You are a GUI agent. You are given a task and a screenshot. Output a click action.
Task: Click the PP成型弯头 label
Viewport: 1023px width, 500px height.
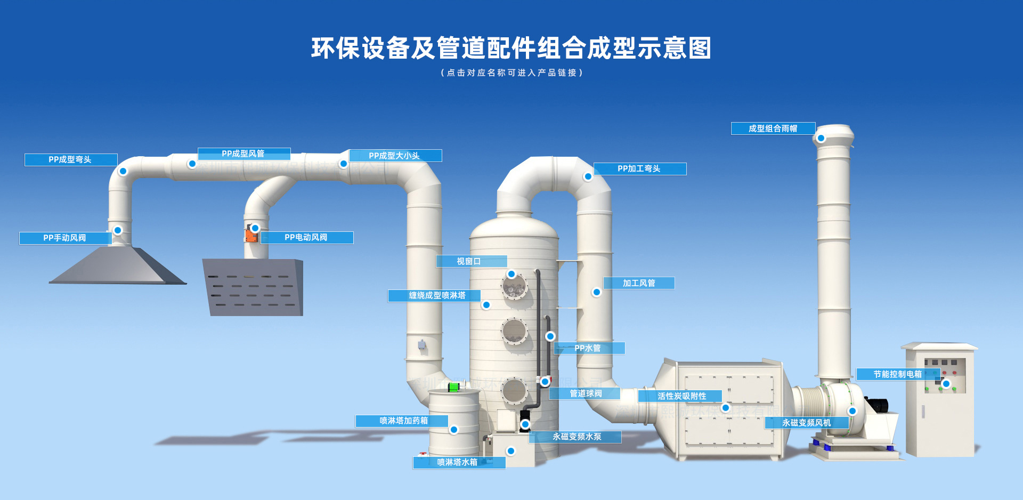(70, 160)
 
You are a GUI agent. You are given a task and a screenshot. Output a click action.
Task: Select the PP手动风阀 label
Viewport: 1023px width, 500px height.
(64, 238)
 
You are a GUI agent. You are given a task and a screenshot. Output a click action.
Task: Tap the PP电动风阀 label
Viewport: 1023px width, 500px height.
(306, 238)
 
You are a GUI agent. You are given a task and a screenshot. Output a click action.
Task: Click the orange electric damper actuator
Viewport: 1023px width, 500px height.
(250, 235)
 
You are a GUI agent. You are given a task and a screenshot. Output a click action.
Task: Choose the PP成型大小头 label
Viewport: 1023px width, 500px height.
(394, 156)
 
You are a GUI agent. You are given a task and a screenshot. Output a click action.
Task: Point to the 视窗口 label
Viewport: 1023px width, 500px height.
(469, 261)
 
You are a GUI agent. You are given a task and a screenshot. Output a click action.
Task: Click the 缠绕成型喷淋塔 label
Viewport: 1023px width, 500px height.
(437, 295)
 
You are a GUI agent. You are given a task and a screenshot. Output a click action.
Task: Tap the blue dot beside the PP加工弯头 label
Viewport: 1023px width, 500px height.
(588, 176)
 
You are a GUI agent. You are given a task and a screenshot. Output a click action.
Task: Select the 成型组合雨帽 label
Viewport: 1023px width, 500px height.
(773, 128)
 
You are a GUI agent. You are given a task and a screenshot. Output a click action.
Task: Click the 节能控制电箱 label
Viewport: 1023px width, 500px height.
(897, 374)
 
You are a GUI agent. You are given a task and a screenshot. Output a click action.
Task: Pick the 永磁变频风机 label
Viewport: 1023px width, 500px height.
(806, 423)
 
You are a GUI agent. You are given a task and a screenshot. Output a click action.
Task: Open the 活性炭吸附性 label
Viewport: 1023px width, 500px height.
(681, 396)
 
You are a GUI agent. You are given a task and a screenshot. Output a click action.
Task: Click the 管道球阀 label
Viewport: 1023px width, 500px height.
(586, 393)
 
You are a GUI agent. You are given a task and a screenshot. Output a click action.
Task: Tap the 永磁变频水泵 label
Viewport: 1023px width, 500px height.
(577, 437)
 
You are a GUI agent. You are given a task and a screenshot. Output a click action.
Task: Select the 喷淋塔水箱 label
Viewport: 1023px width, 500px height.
(457, 462)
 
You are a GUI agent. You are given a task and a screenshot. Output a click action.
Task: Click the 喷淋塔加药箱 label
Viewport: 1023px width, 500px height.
(403, 421)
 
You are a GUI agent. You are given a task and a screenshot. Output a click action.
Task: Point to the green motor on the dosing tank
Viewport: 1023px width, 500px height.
(453, 387)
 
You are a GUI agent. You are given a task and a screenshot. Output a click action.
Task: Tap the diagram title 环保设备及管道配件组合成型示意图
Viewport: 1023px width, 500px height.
(511, 49)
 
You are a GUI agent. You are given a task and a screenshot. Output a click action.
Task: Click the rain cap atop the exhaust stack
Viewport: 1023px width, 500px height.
(835, 133)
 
